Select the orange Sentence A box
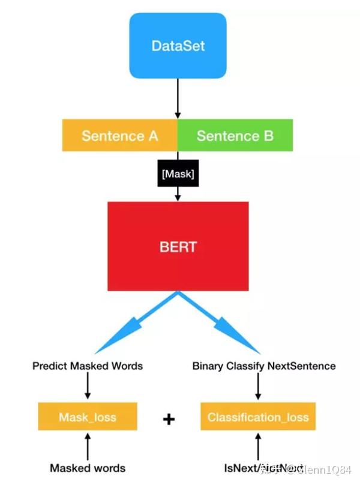(x=119, y=135)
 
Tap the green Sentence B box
(x=235, y=135)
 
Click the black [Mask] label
(x=178, y=173)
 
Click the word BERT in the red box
(x=178, y=247)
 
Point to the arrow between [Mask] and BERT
(x=178, y=194)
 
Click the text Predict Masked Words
(x=88, y=366)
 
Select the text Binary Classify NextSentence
(x=264, y=366)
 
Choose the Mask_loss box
(x=88, y=417)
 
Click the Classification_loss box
(x=257, y=417)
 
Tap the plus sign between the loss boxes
(x=169, y=419)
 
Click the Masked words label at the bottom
(x=88, y=468)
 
